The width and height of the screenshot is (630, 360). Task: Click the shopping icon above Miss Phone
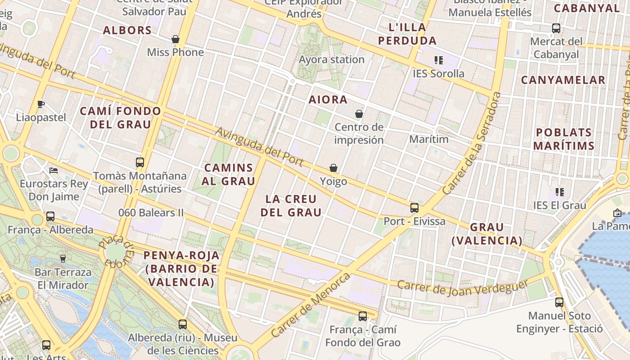pos(175,39)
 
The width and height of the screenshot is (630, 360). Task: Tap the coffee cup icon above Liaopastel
pos(41,104)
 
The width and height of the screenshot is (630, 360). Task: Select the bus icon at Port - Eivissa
pos(414,208)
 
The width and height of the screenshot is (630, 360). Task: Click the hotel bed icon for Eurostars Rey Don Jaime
pos(54,171)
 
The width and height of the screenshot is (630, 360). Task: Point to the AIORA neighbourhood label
pos(328,99)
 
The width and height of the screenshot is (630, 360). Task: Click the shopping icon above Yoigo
pos(333,168)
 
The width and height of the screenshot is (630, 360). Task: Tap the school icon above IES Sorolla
pos(439,60)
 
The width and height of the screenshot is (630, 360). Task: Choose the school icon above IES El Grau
pos(560,192)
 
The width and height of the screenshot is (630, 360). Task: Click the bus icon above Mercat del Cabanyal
pos(556,28)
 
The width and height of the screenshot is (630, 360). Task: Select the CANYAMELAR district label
pos(563,80)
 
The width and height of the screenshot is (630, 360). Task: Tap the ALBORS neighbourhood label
pos(127,30)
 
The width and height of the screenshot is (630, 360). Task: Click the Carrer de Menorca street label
pos(310,305)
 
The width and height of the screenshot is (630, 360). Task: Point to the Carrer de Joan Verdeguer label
pos(463,288)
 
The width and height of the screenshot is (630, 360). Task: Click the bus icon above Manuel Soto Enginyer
pos(559,302)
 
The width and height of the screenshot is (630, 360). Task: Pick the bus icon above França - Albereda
pos(50,216)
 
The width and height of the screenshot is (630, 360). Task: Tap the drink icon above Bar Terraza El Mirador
pos(63,259)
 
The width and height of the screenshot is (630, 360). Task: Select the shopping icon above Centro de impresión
pos(359,114)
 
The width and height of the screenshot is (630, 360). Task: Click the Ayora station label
pos(332,59)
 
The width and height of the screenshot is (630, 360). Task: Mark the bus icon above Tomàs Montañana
pos(140,162)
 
